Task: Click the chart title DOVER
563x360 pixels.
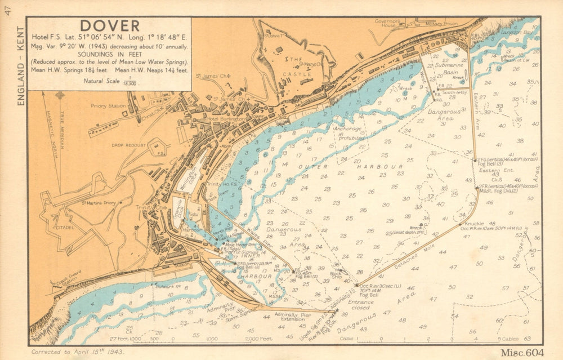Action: click(x=110, y=26)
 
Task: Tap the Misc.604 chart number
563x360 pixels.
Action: click(x=521, y=352)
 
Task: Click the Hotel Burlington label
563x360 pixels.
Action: click(x=225, y=119)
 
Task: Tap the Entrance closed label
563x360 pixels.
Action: click(x=360, y=305)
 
